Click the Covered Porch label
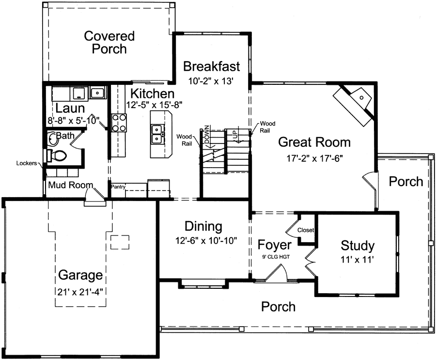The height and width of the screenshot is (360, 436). [x=109, y=42]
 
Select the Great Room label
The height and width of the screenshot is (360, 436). [x=314, y=142]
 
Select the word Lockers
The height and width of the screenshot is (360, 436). [x=26, y=163]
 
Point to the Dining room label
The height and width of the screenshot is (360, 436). [x=203, y=226]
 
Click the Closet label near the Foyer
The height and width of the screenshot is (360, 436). [x=306, y=230]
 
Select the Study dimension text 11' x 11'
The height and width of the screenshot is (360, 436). [x=358, y=260]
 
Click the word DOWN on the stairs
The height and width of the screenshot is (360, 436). [x=207, y=134]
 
